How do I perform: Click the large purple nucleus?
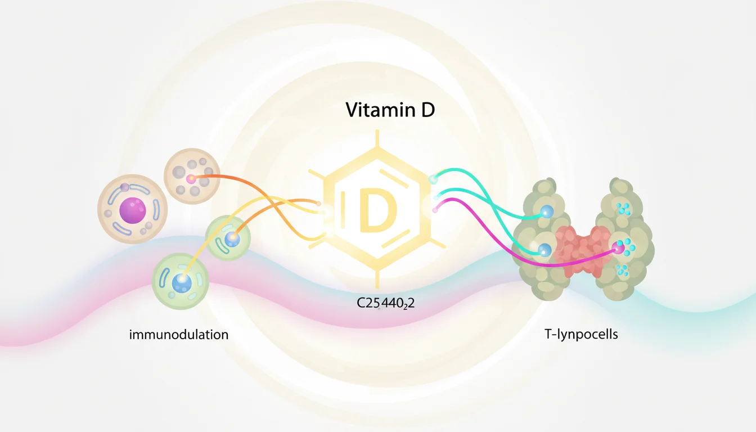(x=132, y=210)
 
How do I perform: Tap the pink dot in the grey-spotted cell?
(x=191, y=179)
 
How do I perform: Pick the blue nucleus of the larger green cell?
(x=182, y=283)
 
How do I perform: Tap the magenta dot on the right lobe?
(x=619, y=246)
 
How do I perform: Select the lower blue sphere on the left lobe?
(x=544, y=250)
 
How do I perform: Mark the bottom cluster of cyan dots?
(x=622, y=269)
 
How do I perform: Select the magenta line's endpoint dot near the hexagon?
(x=434, y=209)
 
